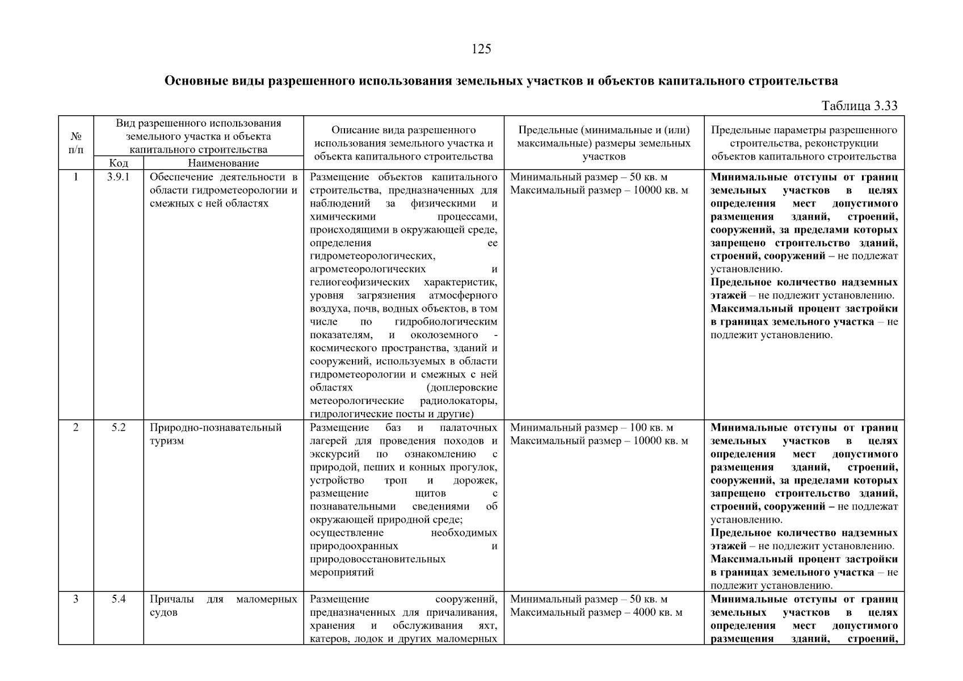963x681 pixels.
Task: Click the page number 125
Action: click(481, 49)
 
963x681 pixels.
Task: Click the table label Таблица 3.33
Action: click(859, 106)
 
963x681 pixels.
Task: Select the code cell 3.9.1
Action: click(118, 177)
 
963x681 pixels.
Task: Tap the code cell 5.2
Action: click(118, 428)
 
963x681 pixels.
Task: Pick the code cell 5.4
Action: click(118, 599)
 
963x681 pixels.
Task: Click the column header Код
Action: click(118, 163)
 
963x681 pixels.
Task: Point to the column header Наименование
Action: click(223, 163)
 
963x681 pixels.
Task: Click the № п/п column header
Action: click(76, 143)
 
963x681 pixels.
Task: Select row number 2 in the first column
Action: click(76, 428)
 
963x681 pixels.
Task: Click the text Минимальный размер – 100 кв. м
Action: click(591, 428)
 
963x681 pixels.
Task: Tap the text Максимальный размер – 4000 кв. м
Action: click(596, 612)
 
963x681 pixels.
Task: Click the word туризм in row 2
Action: click(167, 441)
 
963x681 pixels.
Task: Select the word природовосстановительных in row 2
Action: click(377, 559)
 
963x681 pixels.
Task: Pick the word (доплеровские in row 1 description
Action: click(461, 388)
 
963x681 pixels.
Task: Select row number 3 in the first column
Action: click(76, 599)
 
